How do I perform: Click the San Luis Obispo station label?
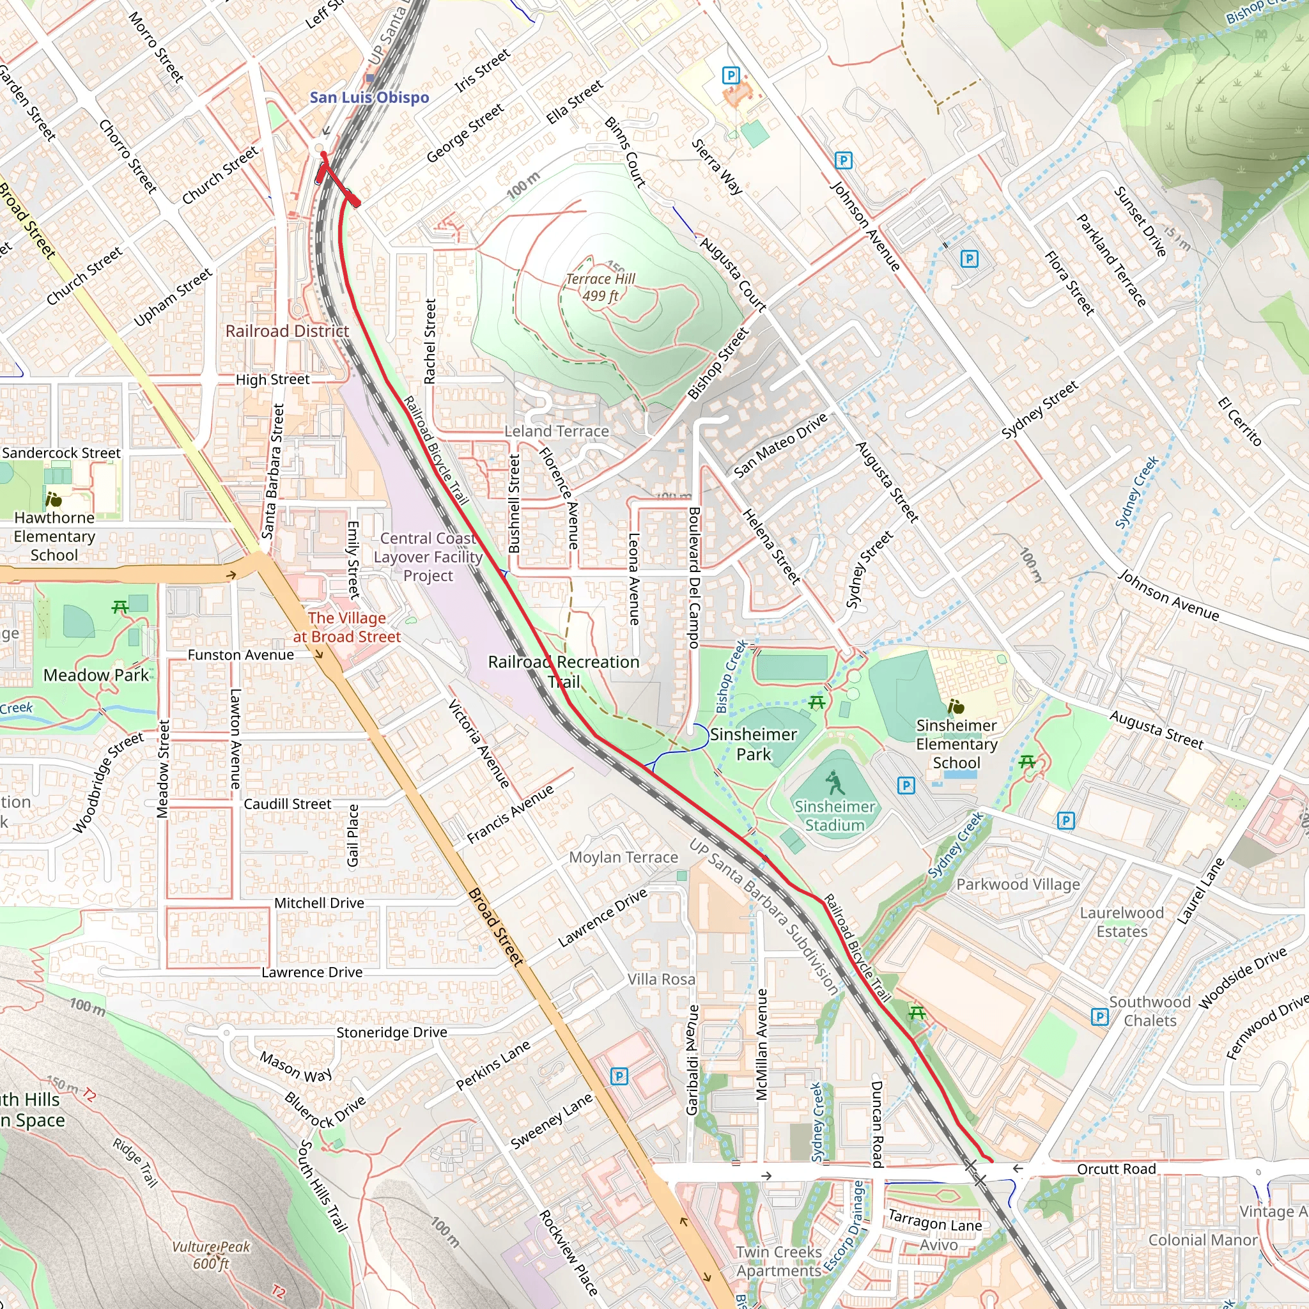tap(369, 98)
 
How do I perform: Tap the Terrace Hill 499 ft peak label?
tap(600, 287)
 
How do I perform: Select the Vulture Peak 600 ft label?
tap(211, 1255)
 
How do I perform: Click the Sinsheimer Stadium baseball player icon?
tap(835, 783)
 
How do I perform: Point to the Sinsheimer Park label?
tap(754, 744)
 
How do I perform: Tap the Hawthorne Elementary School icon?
tap(54, 500)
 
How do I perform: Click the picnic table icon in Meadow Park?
tap(121, 607)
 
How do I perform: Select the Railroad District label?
tap(287, 331)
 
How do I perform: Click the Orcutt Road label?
tap(1116, 1169)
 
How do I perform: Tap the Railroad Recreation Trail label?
tap(563, 672)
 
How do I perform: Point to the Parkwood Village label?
tap(1018, 884)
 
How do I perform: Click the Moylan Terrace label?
tap(623, 857)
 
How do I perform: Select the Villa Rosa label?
tap(661, 979)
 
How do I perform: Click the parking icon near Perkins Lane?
tap(619, 1076)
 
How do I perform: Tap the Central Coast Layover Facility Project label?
tap(428, 557)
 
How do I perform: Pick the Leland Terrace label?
tap(556, 431)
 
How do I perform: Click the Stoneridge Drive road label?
tap(392, 1032)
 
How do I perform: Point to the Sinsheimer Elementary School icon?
tap(956, 707)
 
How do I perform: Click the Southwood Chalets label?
tap(1149, 1011)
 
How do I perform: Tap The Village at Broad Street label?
tap(347, 627)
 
